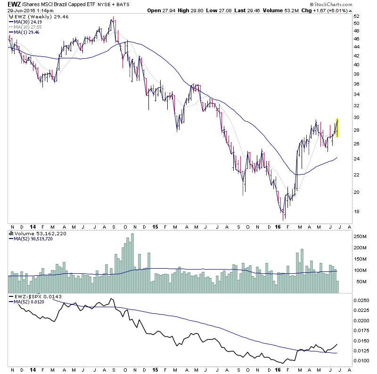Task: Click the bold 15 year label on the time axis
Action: [156, 227]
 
